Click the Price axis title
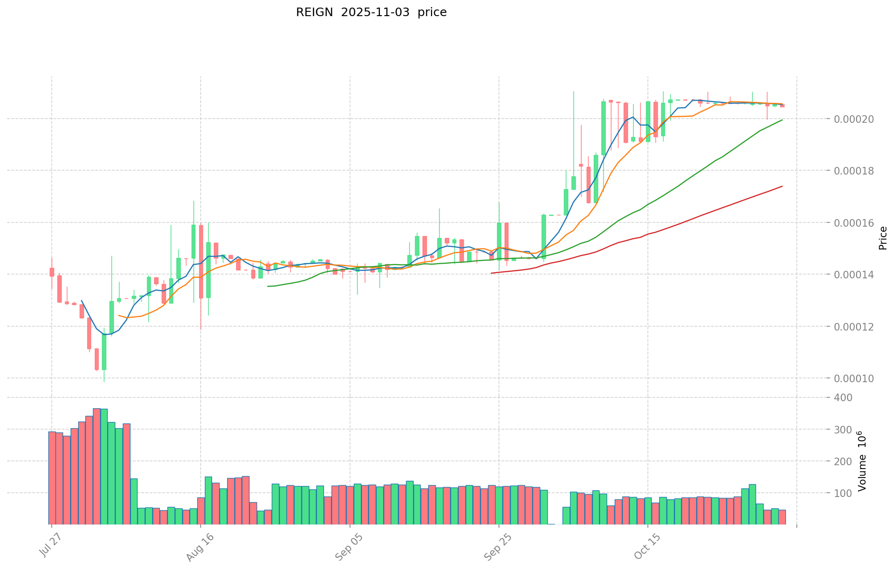(x=882, y=238)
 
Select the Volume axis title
(x=862, y=461)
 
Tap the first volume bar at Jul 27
(x=52, y=478)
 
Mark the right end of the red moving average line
(x=782, y=186)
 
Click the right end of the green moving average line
(x=782, y=120)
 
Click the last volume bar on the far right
(x=782, y=517)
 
